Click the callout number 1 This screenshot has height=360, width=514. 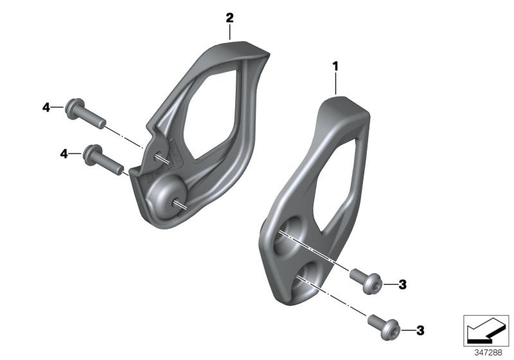coord(335,66)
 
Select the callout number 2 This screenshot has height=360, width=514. coord(229,17)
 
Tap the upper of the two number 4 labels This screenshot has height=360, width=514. coord(46,107)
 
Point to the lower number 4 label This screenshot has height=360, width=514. coord(64,153)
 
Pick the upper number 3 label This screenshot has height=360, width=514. coord(402,284)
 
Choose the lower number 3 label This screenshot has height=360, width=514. coord(420,330)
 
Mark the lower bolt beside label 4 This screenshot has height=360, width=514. coord(103,159)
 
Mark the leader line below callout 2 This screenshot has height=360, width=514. coord(229,32)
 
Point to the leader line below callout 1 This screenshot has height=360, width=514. coord(335,84)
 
